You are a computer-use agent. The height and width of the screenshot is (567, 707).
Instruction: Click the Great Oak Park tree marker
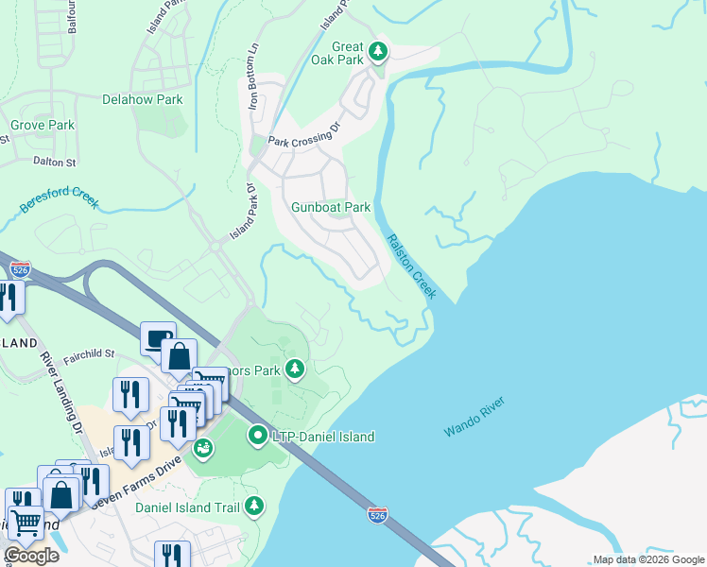(378, 50)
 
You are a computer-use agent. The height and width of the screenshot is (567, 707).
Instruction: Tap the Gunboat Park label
(331, 207)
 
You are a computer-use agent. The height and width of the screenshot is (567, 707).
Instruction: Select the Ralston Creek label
(411, 267)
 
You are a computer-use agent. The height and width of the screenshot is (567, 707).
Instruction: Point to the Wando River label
(474, 417)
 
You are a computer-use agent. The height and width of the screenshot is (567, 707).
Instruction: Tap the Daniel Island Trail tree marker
(253, 507)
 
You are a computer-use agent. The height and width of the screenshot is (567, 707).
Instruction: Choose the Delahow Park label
(143, 98)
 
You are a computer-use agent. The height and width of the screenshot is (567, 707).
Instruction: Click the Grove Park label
(43, 125)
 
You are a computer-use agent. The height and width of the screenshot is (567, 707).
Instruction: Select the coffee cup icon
(156, 336)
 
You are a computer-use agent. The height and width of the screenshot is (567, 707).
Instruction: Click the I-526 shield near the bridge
(377, 514)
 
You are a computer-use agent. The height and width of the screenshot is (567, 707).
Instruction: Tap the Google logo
(32, 556)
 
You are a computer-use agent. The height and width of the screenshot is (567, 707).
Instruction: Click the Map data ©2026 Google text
(647, 559)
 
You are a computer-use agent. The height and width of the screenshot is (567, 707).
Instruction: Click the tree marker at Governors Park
(295, 369)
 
